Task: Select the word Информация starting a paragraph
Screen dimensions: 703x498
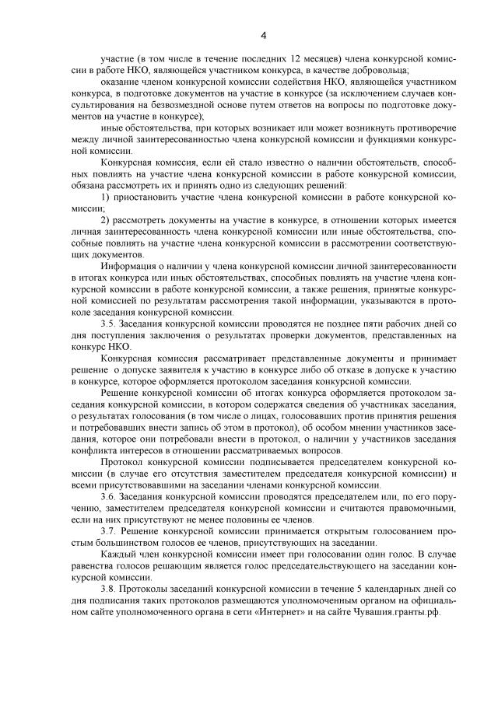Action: point(129,266)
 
